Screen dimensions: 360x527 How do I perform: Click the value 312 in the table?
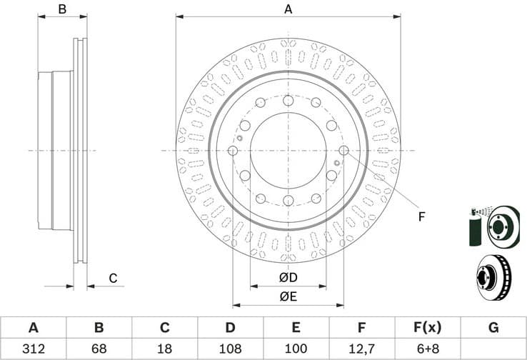[33, 349]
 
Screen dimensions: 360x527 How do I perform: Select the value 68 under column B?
[99, 349]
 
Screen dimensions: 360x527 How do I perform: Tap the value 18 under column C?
[165, 349]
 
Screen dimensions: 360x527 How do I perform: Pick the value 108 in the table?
[231, 349]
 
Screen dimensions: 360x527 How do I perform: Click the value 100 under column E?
[296, 349]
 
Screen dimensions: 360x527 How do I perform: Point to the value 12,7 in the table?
[362, 349]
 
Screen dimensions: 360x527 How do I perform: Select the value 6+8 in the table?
[427, 349]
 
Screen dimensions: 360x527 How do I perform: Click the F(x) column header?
[427, 328]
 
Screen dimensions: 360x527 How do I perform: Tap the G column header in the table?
[493, 328]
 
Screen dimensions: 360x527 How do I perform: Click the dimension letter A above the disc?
[288, 9]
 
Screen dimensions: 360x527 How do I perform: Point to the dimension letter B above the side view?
[62, 9]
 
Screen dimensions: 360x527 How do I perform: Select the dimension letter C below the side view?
[112, 278]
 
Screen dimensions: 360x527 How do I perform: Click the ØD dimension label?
[288, 277]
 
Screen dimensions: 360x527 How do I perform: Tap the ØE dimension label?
[288, 296]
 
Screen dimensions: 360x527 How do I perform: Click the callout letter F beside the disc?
[421, 216]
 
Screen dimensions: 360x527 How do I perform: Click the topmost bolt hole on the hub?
[288, 101]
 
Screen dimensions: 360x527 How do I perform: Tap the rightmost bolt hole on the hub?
[343, 150]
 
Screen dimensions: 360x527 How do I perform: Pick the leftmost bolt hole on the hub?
[233, 150]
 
